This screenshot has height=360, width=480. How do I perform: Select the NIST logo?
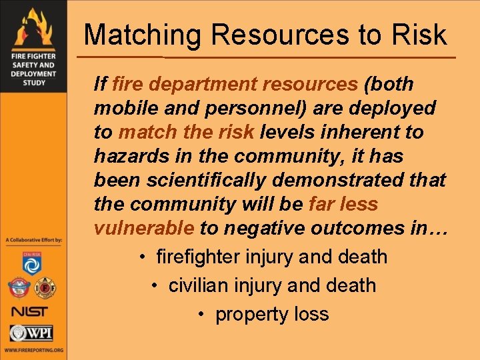point(30,311)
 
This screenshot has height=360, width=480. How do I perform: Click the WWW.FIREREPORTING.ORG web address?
point(33,349)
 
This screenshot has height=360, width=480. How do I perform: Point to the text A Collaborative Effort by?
point(33,239)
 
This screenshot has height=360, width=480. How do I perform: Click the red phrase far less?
point(343,204)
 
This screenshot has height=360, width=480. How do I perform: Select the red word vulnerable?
point(144,228)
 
